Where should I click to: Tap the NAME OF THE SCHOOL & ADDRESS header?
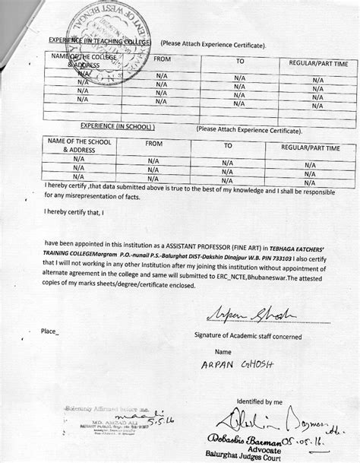click(78, 146)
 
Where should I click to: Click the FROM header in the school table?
click(155, 144)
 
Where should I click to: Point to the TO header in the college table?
click(239, 61)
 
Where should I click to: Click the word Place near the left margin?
click(49, 331)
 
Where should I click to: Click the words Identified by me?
click(259, 401)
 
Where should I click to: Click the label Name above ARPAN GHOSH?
click(223, 352)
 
